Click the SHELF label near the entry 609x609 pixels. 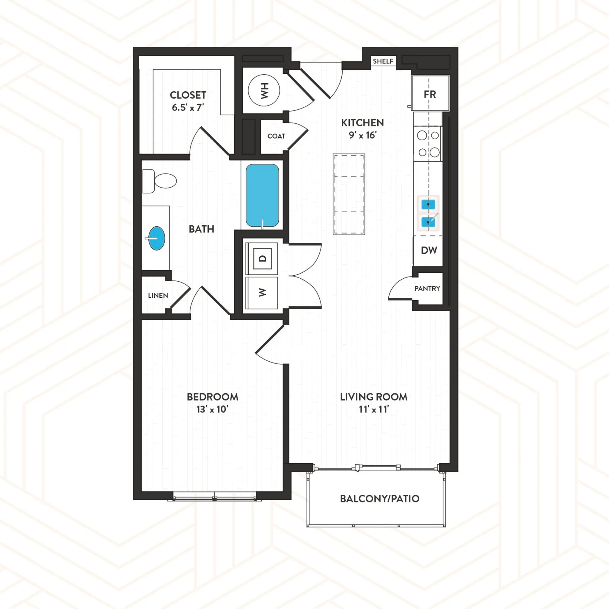click(383, 61)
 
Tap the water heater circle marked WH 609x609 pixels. click(264, 90)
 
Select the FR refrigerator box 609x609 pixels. click(430, 93)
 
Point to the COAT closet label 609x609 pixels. click(276, 136)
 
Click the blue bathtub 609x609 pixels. click(262, 195)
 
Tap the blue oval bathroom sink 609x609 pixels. click(157, 238)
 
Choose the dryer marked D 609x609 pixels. click(262, 258)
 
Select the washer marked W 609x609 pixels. click(262, 293)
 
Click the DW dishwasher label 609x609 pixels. click(429, 250)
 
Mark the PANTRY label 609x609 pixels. click(427, 288)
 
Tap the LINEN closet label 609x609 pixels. click(158, 295)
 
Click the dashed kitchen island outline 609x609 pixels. click(349, 194)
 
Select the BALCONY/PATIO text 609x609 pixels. click(379, 498)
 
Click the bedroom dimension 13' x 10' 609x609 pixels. click(212, 409)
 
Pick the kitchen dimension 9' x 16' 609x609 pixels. click(362, 135)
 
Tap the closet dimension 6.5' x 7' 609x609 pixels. click(188, 107)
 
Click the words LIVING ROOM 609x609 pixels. click(373, 397)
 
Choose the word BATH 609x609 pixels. click(201, 229)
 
